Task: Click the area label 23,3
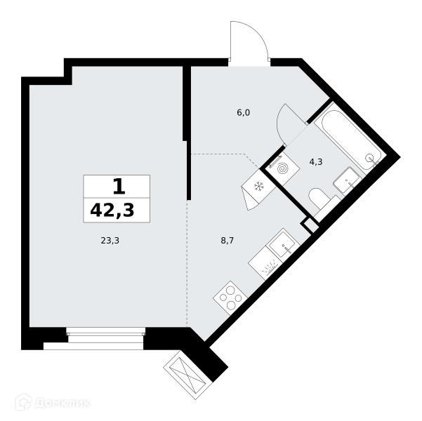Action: point(110,240)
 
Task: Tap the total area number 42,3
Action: point(112,210)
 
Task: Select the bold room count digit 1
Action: point(119,187)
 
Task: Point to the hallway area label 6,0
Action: point(243,112)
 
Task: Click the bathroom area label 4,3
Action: point(316,162)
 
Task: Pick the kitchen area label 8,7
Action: point(227,240)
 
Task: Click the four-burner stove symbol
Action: point(230,298)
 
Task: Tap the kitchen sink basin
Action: point(282,246)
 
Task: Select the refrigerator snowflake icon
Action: point(258,186)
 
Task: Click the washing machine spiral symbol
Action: point(283,169)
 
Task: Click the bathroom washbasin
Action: point(348,180)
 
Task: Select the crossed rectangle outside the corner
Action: point(187,375)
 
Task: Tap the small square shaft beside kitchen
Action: point(310,225)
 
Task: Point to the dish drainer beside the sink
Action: point(265,263)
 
